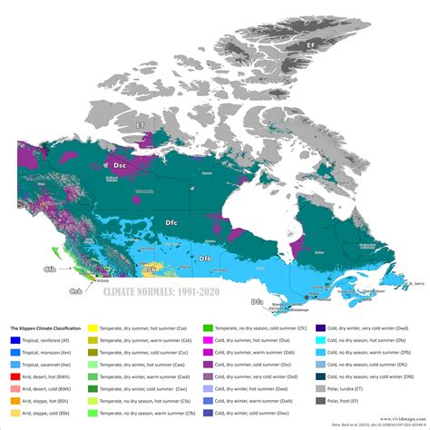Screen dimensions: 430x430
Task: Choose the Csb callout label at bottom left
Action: tap(77, 291)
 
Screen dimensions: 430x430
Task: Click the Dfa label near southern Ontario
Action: tap(258, 301)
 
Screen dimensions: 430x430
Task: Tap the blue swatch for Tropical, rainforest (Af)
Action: tap(16, 338)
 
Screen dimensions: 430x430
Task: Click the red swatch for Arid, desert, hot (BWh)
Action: tap(16, 374)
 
